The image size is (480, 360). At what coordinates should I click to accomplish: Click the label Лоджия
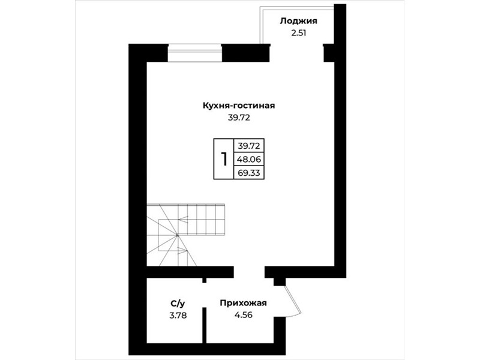(x=298, y=22)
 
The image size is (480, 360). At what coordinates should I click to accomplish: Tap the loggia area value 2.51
(x=298, y=33)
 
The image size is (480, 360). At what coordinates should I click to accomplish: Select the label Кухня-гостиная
(x=239, y=106)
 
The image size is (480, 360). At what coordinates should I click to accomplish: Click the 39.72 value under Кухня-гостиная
(x=239, y=118)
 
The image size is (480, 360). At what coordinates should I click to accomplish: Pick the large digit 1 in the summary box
(x=224, y=159)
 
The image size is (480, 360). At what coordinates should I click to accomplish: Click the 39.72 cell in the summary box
(x=249, y=146)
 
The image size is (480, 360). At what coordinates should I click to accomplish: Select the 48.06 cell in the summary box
(x=249, y=159)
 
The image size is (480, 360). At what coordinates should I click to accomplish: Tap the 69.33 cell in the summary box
(x=249, y=173)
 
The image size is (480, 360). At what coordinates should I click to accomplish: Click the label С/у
(x=178, y=304)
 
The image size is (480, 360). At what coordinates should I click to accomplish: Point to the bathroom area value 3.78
(x=178, y=316)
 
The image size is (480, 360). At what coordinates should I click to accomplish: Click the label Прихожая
(x=244, y=303)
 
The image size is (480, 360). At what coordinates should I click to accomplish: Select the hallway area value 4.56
(x=244, y=314)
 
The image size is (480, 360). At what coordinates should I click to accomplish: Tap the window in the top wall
(x=194, y=53)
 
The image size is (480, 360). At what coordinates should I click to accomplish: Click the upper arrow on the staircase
(x=184, y=219)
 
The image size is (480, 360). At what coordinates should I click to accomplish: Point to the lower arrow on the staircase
(x=182, y=250)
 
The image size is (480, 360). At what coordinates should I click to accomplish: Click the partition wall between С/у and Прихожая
(x=204, y=325)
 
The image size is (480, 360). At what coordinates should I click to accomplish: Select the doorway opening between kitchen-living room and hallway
(x=249, y=272)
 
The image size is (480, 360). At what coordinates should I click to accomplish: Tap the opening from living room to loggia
(x=297, y=53)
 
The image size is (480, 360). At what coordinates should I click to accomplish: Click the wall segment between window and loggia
(x=246, y=53)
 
